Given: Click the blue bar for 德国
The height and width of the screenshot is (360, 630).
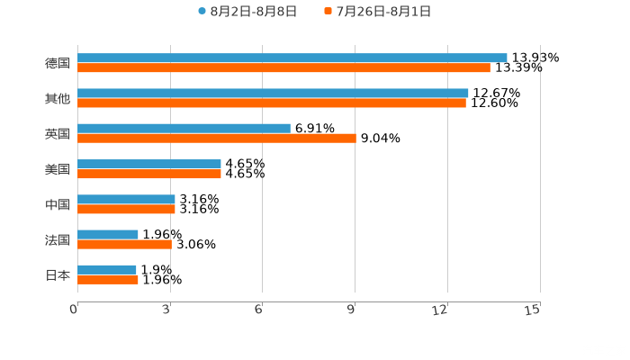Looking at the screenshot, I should click(292, 58).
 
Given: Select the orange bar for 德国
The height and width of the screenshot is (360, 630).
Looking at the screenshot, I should click(283, 67).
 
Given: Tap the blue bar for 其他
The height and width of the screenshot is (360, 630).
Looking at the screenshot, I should click(273, 93).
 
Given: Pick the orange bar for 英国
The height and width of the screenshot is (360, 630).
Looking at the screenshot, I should click(216, 138).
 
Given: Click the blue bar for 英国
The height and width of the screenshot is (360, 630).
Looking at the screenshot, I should click(184, 128).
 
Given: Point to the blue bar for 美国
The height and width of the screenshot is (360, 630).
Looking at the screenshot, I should click(149, 164).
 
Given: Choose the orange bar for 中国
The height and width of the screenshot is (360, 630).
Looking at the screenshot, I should click(126, 209).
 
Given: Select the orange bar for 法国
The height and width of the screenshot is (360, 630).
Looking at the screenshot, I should click(124, 244).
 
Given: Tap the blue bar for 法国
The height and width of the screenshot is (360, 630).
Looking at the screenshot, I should click(108, 234).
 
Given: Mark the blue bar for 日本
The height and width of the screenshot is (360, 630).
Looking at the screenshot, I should click(107, 269).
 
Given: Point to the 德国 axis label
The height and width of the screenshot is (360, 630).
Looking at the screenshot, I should click(58, 63).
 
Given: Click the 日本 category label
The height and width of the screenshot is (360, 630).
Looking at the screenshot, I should click(58, 274).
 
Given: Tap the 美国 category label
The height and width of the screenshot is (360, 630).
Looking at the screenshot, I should click(58, 169).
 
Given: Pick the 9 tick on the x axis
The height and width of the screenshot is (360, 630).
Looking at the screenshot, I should click(352, 310).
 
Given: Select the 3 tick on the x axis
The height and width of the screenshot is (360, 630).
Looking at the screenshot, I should click(167, 310).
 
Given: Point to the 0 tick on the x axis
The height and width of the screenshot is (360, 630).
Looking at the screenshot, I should click(75, 310).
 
